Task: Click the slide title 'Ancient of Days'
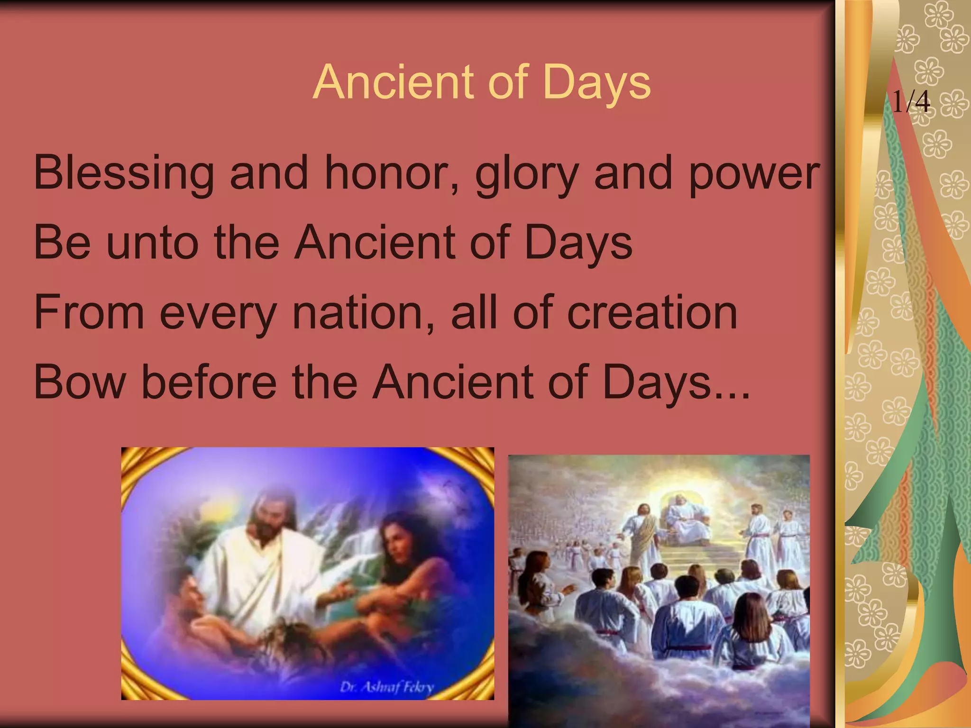tap(482, 82)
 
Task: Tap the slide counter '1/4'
tap(911, 101)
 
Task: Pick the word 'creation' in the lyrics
tap(652, 312)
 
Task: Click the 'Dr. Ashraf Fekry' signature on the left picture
tap(386, 687)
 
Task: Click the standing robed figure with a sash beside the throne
tap(638, 536)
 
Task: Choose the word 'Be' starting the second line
tap(62, 243)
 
